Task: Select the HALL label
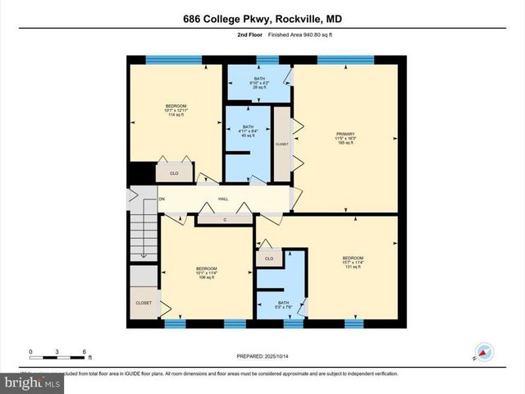tap(222, 199)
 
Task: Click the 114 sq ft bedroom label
tap(176, 110)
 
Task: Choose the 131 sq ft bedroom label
tap(353, 263)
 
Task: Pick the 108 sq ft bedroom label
tap(206, 273)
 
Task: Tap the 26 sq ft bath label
tap(258, 83)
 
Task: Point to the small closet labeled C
tap(224, 218)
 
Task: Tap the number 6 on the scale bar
tap(84, 352)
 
